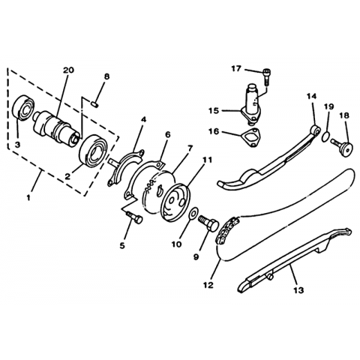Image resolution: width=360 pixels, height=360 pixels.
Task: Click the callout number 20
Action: pyautogui.click(x=68, y=70)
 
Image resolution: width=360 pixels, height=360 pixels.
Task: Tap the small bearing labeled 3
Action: pyautogui.click(x=23, y=108)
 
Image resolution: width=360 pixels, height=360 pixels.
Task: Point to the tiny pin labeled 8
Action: pyautogui.click(x=94, y=103)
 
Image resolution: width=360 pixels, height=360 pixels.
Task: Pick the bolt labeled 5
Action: pyautogui.click(x=135, y=217)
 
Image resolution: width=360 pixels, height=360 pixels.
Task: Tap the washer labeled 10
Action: pyautogui.click(x=193, y=213)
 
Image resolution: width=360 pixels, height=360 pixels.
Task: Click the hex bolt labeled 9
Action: pyautogui.click(x=208, y=223)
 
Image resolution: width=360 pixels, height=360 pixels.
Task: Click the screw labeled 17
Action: pyautogui.click(x=266, y=77)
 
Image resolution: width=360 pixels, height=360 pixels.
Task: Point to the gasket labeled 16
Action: pyautogui.click(x=251, y=138)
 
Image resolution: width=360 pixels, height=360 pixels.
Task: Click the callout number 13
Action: pyautogui.click(x=298, y=290)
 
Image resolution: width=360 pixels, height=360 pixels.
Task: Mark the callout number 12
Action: pyautogui.click(x=208, y=284)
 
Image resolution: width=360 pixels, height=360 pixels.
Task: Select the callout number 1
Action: pyautogui.click(x=28, y=198)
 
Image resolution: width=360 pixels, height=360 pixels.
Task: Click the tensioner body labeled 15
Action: pyautogui.click(x=251, y=104)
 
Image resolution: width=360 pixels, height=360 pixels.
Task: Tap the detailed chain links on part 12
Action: pyautogui.click(x=227, y=230)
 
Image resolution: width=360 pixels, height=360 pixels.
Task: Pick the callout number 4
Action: pyautogui.click(x=143, y=119)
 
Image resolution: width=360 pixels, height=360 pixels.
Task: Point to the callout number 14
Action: pyautogui.click(x=311, y=96)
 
